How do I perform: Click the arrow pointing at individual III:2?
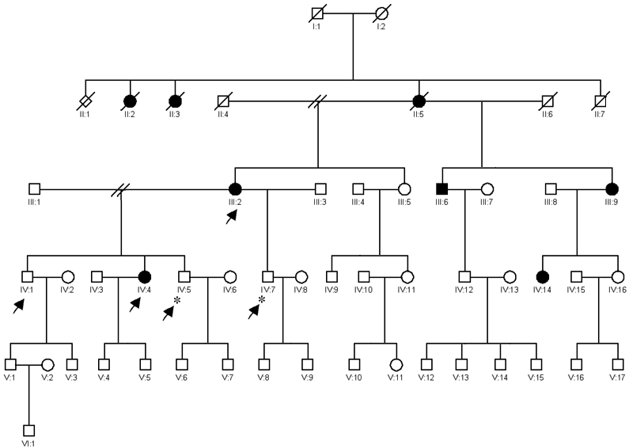point(230,218)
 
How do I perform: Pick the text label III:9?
point(612,203)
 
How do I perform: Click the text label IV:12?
point(464,291)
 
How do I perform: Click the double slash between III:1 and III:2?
point(121,190)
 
